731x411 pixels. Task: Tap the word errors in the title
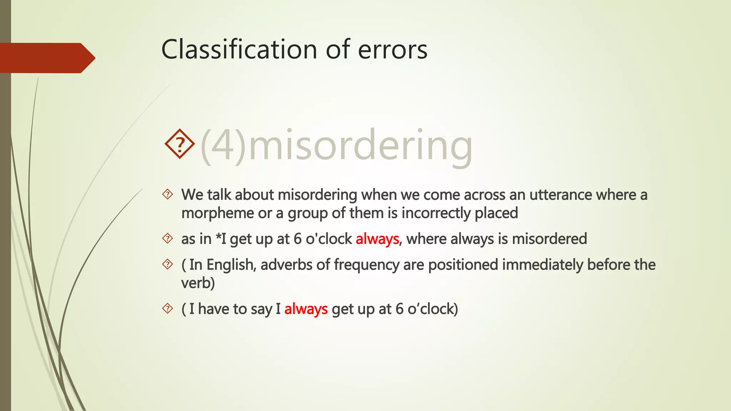[392, 50]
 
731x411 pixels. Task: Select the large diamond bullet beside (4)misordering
[180, 144]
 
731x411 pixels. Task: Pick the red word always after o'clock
[377, 239]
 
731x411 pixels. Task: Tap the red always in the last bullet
[306, 309]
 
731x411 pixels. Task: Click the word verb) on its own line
[198, 283]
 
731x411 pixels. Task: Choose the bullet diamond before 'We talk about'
[167, 194]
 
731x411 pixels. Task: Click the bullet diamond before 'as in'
[167, 238]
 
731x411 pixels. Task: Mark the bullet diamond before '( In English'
[167, 264]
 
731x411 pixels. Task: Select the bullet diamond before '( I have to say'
[167, 309]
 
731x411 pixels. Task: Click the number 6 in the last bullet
[399, 309]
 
